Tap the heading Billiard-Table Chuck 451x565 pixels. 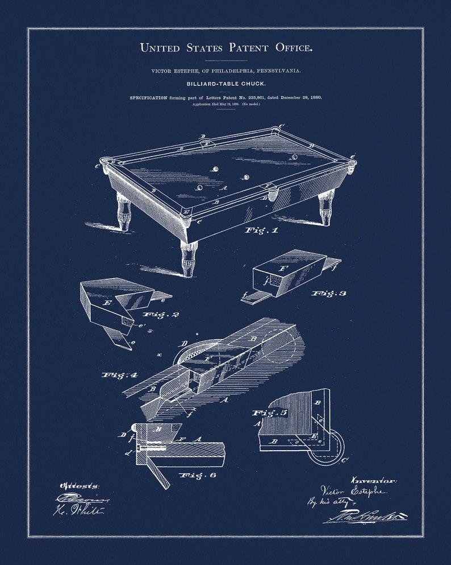coord(226,84)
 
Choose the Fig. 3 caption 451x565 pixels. coord(328,293)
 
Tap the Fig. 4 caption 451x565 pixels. coord(120,375)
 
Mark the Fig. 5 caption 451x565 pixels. coord(270,413)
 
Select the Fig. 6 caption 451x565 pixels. coord(197,475)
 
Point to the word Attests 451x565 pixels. coord(80,486)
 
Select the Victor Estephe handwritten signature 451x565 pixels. coord(353,491)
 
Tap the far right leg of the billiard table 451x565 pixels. coord(326,208)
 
